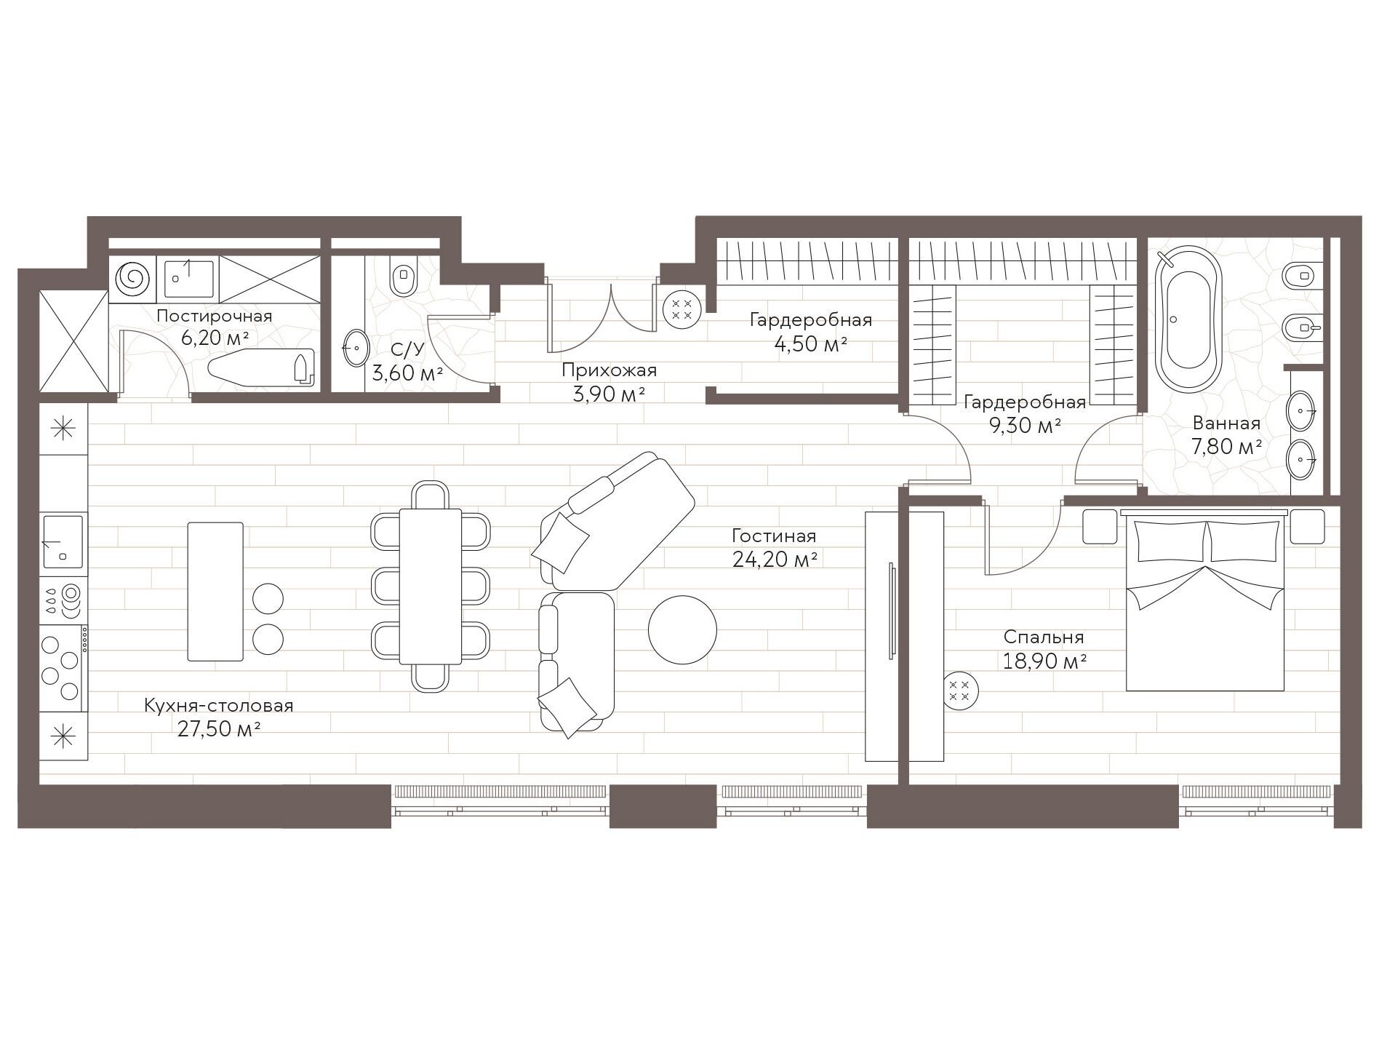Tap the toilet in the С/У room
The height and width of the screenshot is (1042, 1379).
coord(403,277)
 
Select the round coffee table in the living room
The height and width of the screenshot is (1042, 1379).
coord(682,629)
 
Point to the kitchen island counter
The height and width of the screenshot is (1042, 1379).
coord(215,591)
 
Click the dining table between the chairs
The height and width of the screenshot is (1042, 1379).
coord(431,586)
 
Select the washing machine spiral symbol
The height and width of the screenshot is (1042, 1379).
coord(134,277)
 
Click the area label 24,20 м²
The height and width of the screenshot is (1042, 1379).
coord(775,560)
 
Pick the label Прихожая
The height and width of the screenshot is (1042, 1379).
coord(609,370)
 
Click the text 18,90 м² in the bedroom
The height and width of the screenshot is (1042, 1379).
coord(1044,661)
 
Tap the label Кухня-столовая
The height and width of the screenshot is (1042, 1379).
coord(219,706)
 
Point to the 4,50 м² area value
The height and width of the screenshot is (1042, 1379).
coord(811,343)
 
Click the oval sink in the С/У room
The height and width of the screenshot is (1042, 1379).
coord(356,348)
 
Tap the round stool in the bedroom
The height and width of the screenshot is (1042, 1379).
coord(961,691)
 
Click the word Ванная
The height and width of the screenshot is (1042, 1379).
coord(1226,423)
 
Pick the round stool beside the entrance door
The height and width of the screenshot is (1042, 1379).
coord(681,309)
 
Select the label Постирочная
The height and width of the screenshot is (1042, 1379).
coord(215,316)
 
